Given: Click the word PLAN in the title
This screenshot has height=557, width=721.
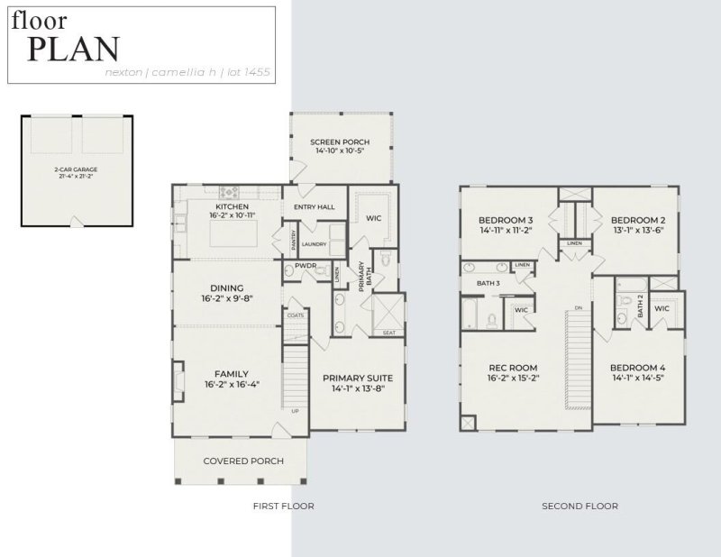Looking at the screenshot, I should pyautogui.click(x=73, y=49).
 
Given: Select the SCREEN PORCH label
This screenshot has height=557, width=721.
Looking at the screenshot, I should pyautogui.click(x=341, y=142).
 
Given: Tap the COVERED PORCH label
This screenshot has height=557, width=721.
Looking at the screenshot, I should pyautogui.click(x=243, y=461).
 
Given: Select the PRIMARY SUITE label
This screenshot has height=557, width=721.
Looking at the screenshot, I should pyautogui.click(x=358, y=378).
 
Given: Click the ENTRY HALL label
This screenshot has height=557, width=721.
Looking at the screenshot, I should pyautogui.click(x=315, y=207).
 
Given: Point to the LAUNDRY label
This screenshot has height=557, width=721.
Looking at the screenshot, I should pyautogui.click(x=314, y=243).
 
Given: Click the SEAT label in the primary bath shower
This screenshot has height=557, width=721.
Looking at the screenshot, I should pyautogui.click(x=389, y=333).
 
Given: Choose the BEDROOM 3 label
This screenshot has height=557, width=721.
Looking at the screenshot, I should pyautogui.click(x=506, y=220).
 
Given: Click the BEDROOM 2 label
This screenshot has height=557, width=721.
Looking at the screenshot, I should pyautogui.click(x=638, y=220).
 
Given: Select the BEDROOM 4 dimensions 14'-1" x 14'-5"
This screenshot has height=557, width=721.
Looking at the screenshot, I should pyautogui.click(x=638, y=379).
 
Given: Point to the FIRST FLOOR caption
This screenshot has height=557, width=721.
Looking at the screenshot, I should pyautogui.click(x=283, y=507).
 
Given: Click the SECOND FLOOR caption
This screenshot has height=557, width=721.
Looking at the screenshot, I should pyautogui.click(x=580, y=507).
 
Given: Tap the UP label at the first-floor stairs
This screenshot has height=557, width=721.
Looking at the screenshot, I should pyautogui.click(x=295, y=412).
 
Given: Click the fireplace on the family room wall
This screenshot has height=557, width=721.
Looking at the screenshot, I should pyautogui.click(x=178, y=374).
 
